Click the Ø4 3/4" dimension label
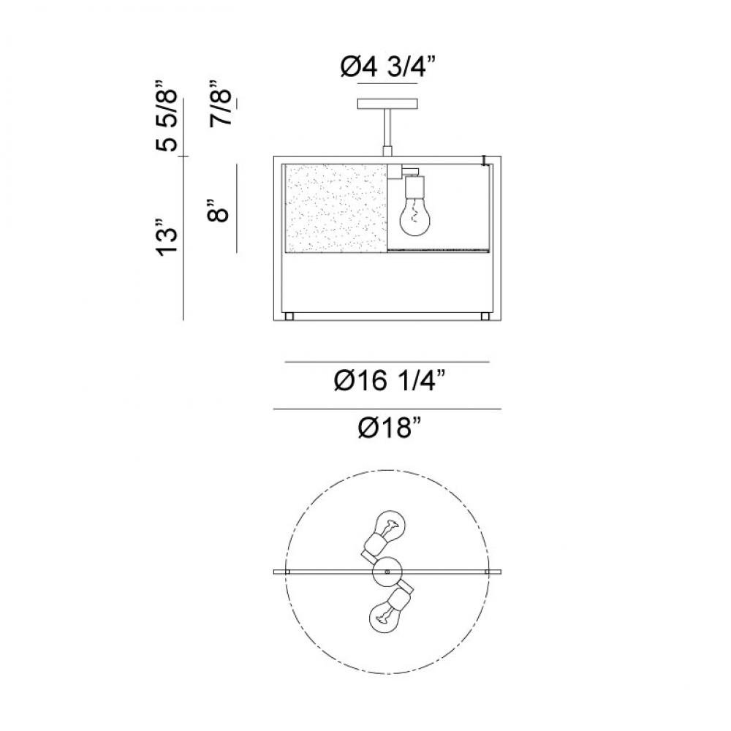point(387,69)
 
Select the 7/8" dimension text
point(220,104)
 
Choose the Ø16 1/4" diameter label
point(390,381)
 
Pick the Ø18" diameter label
point(390,428)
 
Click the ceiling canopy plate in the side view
point(387,104)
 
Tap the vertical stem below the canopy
point(387,129)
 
